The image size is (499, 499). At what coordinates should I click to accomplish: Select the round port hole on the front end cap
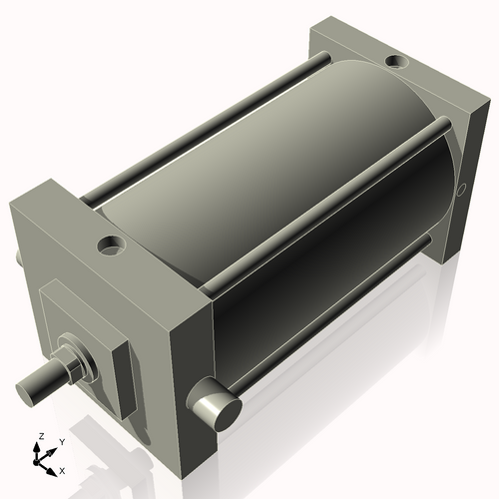108,244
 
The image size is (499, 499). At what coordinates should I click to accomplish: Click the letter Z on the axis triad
40,436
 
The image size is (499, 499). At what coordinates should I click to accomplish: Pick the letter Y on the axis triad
61,440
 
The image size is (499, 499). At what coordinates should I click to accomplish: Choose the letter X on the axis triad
62,469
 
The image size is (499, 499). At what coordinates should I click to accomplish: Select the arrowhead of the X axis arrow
52,466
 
